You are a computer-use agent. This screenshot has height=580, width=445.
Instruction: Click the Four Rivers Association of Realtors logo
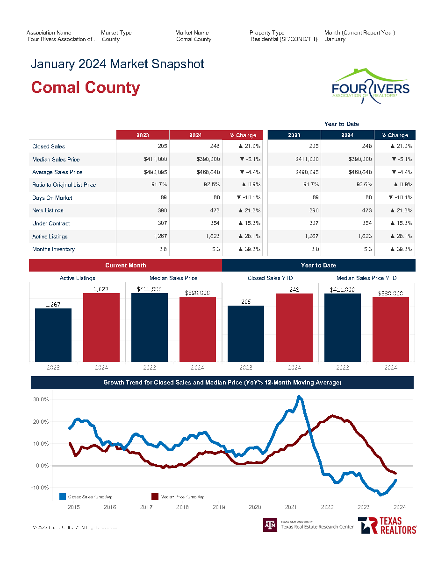coord(370,86)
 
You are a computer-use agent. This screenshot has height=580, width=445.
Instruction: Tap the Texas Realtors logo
coord(387,525)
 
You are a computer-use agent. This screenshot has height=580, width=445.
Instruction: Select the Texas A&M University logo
coord(270,525)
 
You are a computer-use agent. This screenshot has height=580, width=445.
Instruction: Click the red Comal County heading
coord(86,88)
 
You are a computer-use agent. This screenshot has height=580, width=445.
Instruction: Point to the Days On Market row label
coord(52,198)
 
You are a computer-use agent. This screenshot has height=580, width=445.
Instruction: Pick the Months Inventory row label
coord(53,249)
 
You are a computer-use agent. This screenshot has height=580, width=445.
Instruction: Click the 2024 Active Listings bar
coord(101,327)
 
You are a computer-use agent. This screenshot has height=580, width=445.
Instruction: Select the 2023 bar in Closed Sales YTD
coord(246,333)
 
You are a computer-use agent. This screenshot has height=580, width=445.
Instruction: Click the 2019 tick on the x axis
coord(219,507)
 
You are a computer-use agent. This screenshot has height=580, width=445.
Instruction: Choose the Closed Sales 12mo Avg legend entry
coord(86,497)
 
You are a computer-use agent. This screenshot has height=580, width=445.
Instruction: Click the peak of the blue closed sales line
coord(300,397)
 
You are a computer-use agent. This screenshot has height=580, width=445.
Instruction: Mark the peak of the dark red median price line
coord(332,415)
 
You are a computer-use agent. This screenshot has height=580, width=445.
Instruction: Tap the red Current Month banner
coord(125,266)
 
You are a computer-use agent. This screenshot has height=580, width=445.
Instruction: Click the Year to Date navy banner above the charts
coord(318,266)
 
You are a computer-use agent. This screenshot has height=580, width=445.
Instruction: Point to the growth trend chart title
coord(222,383)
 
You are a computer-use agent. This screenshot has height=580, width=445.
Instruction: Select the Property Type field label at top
coord(267,33)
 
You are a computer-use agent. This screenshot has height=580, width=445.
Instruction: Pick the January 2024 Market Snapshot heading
coord(117,64)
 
